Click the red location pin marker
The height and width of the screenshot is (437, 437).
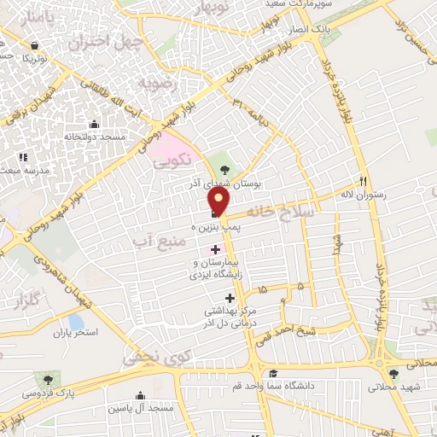pyautogui.click(x=219, y=201)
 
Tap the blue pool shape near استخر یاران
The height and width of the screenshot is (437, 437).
pyautogui.click(x=75, y=323)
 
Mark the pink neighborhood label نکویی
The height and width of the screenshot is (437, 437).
pyautogui.click(x=174, y=159)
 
